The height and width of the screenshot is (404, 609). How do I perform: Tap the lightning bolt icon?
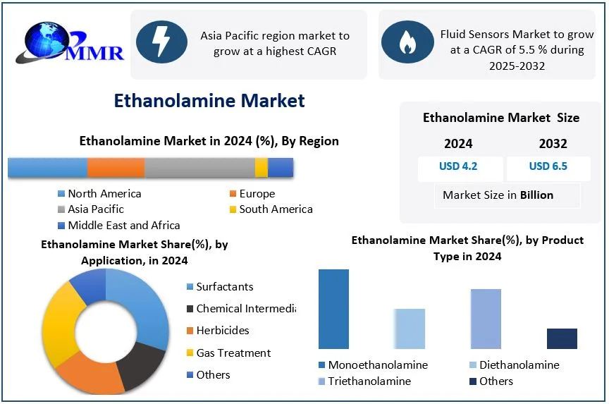pyautogui.click(x=161, y=42)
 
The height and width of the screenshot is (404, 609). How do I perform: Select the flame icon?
pyautogui.click(x=407, y=42)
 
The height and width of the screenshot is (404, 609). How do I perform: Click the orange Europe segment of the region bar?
pyautogui.click(x=116, y=168)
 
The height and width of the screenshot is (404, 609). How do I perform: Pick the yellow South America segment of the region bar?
pyautogui.click(x=262, y=168)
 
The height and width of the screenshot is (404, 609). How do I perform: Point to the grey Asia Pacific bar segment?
pyautogui.click(x=199, y=168)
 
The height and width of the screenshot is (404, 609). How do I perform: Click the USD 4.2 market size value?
pyautogui.click(x=458, y=166)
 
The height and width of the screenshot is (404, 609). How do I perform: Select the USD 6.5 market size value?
pyautogui.click(x=548, y=166)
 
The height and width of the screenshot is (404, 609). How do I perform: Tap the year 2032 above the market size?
pyautogui.click(x=553, y=144)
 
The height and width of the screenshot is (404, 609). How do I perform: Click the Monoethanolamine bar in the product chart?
pyautogui.click(x=333, y=309)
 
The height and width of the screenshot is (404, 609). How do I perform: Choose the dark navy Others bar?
pyautogui.click(x=562, y=338)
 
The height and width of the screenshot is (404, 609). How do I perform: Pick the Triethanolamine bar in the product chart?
pyautogui.click(x=486, y=319)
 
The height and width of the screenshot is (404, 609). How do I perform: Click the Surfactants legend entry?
pyautogui.click(x=220, y=287)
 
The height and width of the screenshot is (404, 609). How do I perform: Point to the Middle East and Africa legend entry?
pyautogui.click(x=119, y=226)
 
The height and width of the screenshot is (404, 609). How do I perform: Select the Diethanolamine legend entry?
pyautogui.click(x=515, y=365)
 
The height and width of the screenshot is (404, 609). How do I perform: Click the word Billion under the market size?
pyautogui.click(x=537, y=195)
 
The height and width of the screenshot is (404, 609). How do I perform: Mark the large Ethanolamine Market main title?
pyautogui.click(x=209, y=100)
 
